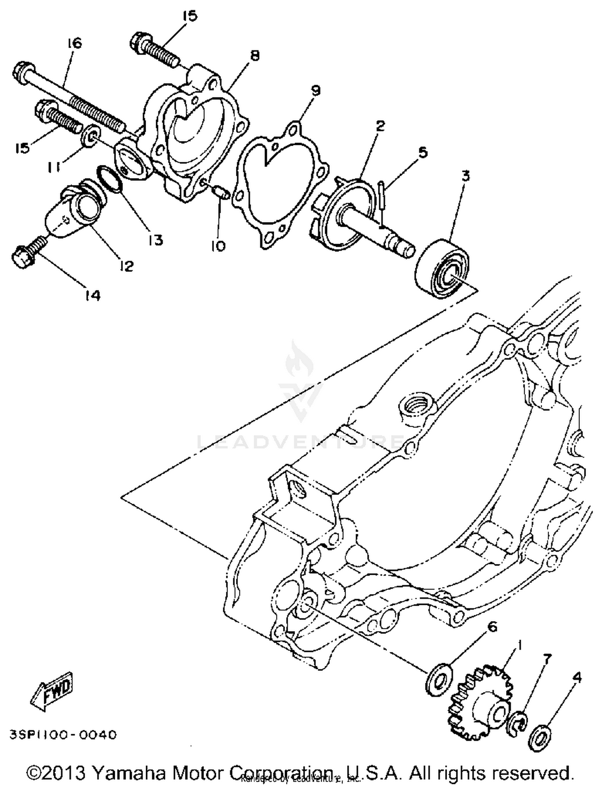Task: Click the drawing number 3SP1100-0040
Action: tap(63, 735)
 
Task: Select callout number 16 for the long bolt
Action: tap(74, 43)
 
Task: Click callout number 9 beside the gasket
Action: tap(315, 91)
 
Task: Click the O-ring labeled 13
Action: tap(109, 179)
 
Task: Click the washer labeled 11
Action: tap(92, 137)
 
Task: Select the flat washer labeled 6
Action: tap(439, 679)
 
